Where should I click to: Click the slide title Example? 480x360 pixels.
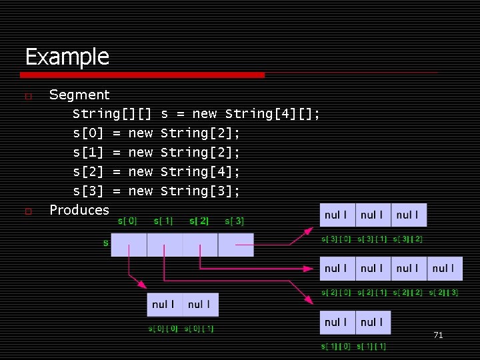pos(67,57)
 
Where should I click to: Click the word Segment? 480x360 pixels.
pos(79,95)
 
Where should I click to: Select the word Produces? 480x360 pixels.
pos(79,209)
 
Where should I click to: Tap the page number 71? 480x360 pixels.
pos(438,335)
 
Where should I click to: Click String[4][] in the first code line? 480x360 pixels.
pos(273,114)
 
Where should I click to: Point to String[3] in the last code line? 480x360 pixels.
pos(200,191)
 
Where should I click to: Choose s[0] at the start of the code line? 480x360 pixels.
pos(88,133)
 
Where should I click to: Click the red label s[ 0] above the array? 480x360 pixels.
pos(128,221)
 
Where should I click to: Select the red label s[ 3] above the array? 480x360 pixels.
pos(235,221)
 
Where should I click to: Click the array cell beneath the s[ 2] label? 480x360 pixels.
pos(200,245)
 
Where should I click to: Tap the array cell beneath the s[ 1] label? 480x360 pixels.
pos(165,245)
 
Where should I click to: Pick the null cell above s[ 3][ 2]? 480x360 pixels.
pos(408,215)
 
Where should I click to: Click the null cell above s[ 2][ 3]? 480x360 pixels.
pos(444,269)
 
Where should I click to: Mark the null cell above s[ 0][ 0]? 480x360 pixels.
pos(165,305)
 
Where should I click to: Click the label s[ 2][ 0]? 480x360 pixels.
pos(335,293)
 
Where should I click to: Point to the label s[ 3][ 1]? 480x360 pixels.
pos(371,239)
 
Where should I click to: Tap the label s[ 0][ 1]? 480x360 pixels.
pos(199,328)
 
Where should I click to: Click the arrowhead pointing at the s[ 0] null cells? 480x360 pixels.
pos(153,289)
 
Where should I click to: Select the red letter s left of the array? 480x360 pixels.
pos(105,243)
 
